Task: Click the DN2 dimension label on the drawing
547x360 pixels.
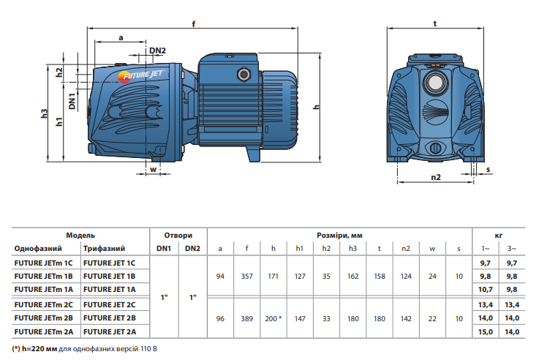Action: pos(157,50)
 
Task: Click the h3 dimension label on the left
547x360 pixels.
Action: pos(45,113)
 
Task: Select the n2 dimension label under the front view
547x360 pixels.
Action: pos(436,177)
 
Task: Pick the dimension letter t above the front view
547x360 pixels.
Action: pos(435,23)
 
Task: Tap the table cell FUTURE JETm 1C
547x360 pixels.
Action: pos(43,262)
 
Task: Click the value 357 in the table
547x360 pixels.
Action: pos(246,276)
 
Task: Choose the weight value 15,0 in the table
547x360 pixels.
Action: pos(485,331)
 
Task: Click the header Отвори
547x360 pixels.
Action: pos(178,236)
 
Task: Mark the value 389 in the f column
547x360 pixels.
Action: pos(246,318)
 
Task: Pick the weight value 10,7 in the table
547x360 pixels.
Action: pos(485,290)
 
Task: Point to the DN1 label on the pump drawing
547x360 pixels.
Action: pos(72,100)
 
